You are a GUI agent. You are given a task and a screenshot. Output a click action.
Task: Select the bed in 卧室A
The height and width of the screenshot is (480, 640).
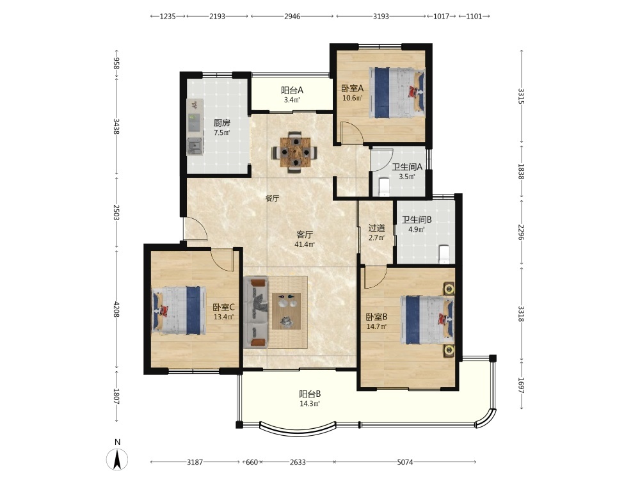397,93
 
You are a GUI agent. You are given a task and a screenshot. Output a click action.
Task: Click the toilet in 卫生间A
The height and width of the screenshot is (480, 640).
385,187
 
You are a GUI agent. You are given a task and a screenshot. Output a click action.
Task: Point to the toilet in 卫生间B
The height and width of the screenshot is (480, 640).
444,254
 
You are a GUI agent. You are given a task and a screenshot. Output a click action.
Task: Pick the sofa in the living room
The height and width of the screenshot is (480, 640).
256,313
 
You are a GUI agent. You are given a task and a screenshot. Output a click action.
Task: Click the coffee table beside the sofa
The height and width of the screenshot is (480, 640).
287,311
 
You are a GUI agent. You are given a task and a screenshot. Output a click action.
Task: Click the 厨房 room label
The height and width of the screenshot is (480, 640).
222,123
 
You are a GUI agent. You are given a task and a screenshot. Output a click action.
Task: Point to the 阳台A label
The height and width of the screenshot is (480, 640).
292,91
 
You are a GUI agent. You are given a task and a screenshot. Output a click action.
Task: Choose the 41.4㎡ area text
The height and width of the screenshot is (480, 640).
305,244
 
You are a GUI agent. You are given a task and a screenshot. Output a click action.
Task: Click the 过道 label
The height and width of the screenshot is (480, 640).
376,228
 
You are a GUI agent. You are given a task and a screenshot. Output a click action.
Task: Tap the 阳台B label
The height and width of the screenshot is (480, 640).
310,394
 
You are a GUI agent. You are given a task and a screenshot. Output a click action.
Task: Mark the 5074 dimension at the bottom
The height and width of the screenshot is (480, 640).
405,462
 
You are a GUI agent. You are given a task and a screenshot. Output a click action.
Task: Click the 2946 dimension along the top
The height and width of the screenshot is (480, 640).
292,17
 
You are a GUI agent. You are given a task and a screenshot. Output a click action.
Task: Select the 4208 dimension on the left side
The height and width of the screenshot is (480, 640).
116,309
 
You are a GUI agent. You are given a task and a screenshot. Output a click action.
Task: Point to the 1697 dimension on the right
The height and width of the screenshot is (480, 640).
521,385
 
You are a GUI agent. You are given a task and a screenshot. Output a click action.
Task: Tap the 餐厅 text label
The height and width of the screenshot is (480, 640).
272,198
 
